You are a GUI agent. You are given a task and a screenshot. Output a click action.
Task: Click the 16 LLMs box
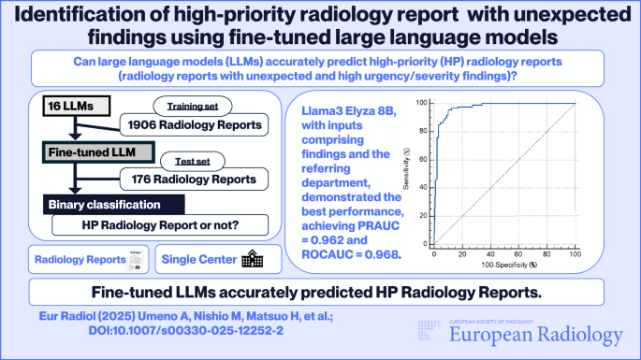tap(77, 106)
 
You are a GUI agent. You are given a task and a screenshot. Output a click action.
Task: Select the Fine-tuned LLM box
tap(98, 152)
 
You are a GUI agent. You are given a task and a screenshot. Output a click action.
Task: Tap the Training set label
tap(193, 107)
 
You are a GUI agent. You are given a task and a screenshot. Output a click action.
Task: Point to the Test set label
tap(193, 162)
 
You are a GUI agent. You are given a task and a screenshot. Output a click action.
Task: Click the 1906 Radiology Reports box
tap(195, 124)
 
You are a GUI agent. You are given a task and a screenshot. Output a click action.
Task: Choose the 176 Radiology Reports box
tap(195, 179)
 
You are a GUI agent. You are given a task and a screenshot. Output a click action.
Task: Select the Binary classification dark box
tap(114, 205)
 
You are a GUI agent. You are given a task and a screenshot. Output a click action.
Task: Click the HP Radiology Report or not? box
tap(160, 225)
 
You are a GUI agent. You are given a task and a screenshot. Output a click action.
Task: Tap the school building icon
tap(253, 259)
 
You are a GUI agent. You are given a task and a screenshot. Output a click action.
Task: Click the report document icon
tap(136, 260)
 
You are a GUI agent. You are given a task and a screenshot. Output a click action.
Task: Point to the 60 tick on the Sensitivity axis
tap(423, 159)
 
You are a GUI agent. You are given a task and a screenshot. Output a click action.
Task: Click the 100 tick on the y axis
tap(421, 103)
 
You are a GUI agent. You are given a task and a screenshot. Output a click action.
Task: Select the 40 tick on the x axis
tap(490, 254)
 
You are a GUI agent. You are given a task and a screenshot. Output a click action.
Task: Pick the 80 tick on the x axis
tap(546, 254)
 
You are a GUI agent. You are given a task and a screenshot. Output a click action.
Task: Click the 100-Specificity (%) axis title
tap(509, 265)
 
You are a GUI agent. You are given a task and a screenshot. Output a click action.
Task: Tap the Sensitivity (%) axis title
tap(406, 168)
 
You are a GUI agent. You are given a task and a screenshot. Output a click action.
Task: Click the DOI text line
tap(186, 330)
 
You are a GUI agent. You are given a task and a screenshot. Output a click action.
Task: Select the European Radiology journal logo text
tap(536, 335)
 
